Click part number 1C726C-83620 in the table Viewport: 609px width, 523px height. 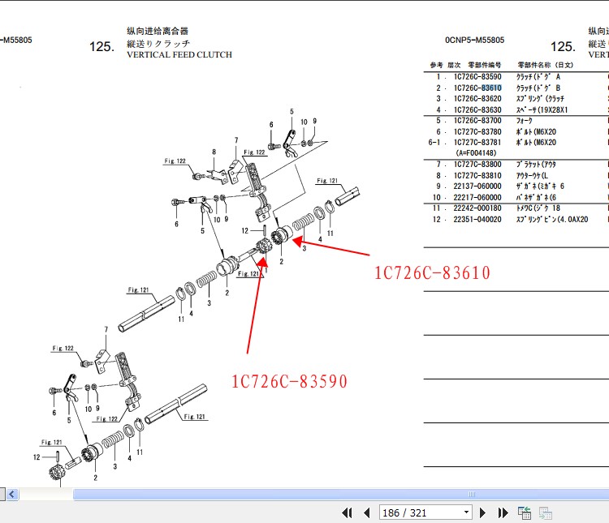tap(477, 98)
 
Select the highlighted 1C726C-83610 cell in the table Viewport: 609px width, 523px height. tap(477, 88)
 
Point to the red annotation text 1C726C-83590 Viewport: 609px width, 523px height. tap(289, 381)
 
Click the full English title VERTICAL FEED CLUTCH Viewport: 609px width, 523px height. tap(179, 55)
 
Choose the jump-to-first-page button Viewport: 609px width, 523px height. tap(348, 512)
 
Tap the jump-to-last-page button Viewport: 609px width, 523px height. tap(503, 512)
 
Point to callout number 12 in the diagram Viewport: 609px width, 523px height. tap(36, 457)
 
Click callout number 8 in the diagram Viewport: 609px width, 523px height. tap(214, 152)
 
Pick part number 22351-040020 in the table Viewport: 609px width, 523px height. tap(477, 219)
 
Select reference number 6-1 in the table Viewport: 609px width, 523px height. tap(436, 142)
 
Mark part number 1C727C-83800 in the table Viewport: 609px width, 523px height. tap(477, 165)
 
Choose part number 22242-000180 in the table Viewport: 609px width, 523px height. tap(477, 208)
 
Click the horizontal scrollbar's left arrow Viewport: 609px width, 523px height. tap(12, 494)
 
